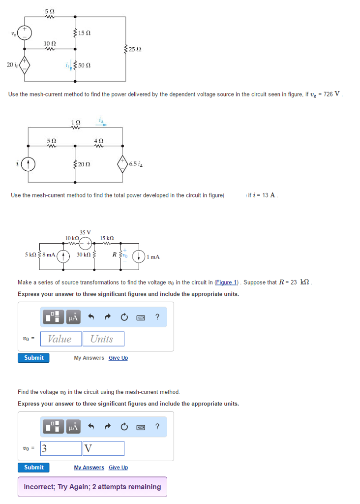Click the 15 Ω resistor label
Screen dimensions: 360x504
pos(85,33)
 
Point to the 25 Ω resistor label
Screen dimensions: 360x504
pos(135,49)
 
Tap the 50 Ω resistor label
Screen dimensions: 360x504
pos(84,65)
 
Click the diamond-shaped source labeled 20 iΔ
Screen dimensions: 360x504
pos(25,65)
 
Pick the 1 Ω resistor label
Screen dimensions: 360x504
pos(75,122)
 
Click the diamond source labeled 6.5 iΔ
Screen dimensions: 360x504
pos(122,163)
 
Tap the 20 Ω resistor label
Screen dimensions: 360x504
pos(84,164)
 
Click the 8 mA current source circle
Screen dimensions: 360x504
pos(62,256)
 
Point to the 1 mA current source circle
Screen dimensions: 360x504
pos(140,256)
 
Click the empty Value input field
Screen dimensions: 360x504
pos(60,339)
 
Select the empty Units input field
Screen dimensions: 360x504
pos(103,339)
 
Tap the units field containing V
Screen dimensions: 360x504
pos(103,448)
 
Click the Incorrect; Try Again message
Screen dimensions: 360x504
pos(92,487)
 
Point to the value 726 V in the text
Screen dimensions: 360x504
pos(330,94)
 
